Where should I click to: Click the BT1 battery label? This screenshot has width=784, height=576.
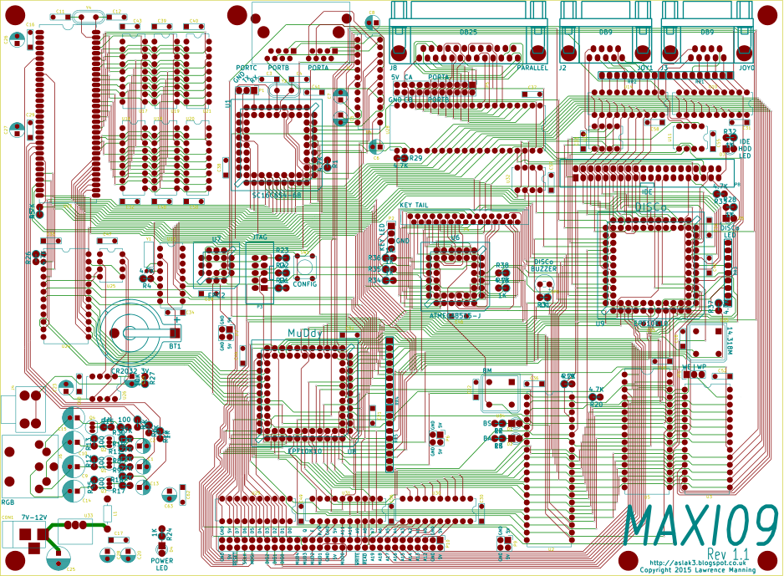click(x=175, y=345)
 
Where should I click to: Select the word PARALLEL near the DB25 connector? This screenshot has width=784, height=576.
click(x=532, y=69)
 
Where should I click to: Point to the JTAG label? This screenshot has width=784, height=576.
click(x=259, y=238)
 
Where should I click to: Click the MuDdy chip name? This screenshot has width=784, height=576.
click(x=305, y=334)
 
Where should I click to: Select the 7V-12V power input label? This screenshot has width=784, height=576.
click(x=34, y=517)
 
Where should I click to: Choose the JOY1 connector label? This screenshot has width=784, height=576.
click(x=644, y=69)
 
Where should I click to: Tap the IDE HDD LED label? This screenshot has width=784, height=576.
click(x=745, y=149)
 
